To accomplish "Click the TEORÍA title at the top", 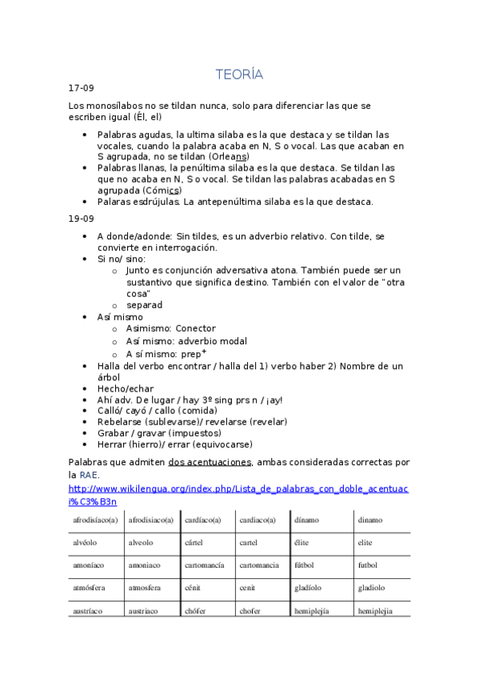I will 239,74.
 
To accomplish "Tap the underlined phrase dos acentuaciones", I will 210,462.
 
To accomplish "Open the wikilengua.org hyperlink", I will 239,488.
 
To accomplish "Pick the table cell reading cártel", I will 194,542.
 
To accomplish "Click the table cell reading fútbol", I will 304,564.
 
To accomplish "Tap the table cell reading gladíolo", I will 309,587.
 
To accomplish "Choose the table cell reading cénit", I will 193,587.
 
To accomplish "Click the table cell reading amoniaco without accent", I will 144,564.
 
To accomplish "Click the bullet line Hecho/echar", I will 125,388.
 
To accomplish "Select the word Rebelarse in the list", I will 121,421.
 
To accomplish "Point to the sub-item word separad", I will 144,305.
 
